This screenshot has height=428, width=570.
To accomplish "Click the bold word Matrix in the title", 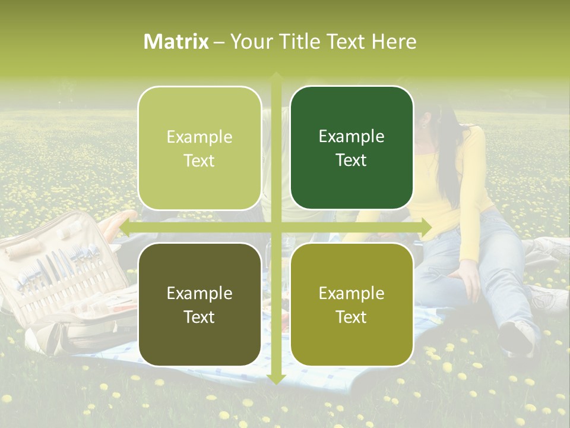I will (x=176, y=42).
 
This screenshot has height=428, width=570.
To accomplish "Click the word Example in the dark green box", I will (x=351, y=137).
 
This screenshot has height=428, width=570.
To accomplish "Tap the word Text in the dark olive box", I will (x=199, y=317).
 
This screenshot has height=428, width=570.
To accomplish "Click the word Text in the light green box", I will (x=199, y=160).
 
